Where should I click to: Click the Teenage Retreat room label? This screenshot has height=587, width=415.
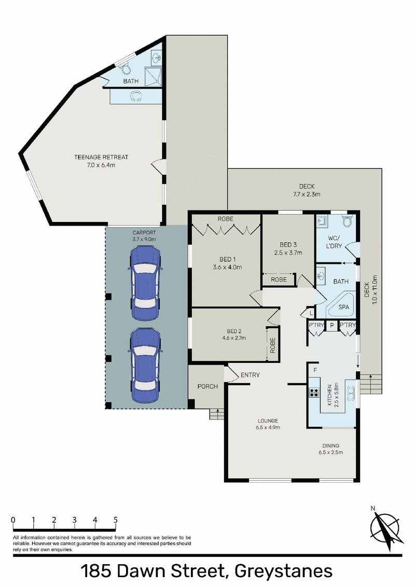pyautogui.click(x=101, y=157)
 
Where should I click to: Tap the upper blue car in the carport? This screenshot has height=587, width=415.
pyautogui.click(x=145, y=283)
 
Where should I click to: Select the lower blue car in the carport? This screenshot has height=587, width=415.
pyautogui.click(x=145, y=366)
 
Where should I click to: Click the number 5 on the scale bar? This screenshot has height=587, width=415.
pyautogui.click(x=115, y=520)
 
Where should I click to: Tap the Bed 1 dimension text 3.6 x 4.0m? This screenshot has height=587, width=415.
pyautogui.click(x=227, y=267)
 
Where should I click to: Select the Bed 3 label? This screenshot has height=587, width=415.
pyautogui.click(x=288, y=244)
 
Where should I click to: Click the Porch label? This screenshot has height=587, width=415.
pyautogui.click(x=208, y=386)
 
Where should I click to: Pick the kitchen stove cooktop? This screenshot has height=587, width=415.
pyautogui.click(x=314, y=393)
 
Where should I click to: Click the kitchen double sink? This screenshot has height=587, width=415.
pyautogui.click(x=351, y=394)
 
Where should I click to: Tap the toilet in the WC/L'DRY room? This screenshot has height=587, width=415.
pyautogui.click(x=347, y=221)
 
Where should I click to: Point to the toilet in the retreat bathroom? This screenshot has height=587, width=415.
pyautogui.click(x=126, y=68)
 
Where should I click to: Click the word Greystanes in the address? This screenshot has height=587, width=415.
pyautogui.click(x=284, y=571)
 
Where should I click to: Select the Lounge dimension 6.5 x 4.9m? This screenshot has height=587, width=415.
pyautogui.click(x=268, y=427)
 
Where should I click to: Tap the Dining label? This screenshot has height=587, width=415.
pyautogui.click(x=331, y=445)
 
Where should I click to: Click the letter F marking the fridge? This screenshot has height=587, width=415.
pyautogui.click(x=315, y=370)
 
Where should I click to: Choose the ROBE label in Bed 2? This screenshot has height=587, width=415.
pyautogui.click(x=272, y=345)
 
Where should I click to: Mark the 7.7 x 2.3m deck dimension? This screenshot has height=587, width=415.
pyautogui.click(x=307, y=194)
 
